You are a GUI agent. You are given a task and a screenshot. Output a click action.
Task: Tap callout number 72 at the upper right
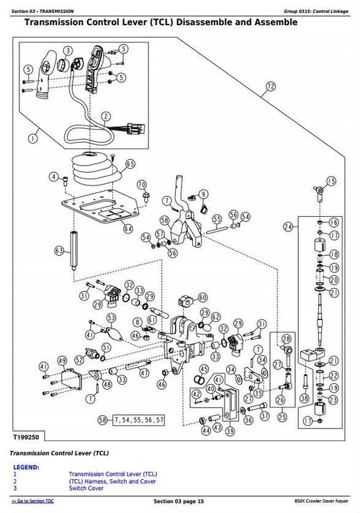269,87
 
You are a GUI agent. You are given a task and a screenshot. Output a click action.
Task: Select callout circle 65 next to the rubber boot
130,164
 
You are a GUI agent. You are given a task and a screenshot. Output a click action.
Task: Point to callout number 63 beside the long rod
59,251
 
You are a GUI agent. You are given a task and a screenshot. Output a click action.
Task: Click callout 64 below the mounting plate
127,228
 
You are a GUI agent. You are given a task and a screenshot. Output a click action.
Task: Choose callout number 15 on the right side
331,181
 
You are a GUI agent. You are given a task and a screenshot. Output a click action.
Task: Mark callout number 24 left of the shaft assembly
288,226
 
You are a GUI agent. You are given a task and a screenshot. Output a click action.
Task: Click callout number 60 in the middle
202,298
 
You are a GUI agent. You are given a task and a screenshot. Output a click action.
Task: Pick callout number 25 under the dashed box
282,416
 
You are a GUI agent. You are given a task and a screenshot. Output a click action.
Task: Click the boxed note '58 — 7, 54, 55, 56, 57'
133,419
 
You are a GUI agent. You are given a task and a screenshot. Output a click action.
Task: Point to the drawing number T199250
24,437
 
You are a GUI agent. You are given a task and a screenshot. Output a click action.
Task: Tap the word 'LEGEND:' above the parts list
28,466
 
